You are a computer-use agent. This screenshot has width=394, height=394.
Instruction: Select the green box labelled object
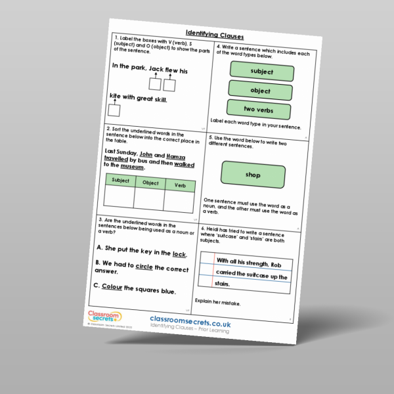pos(260,90)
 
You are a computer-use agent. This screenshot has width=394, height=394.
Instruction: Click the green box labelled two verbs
pos(259,110)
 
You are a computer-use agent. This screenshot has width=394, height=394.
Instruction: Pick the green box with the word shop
pos(253,175)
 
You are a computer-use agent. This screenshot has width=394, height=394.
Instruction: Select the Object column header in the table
pos(150,183)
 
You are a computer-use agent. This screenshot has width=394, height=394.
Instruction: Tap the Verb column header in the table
pos(180,186)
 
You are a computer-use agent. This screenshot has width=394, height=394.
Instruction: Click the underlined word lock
pos(179,254)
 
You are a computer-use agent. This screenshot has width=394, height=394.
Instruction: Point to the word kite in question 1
pos(116,97)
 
